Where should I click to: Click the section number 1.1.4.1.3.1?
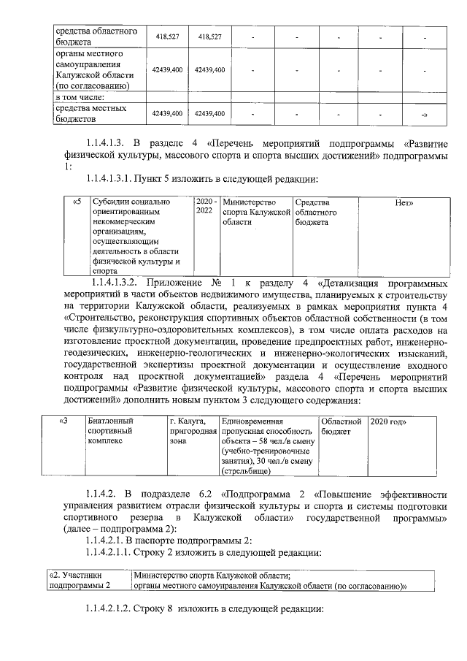(x=117, y=178)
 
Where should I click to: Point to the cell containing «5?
(x=77, y=202)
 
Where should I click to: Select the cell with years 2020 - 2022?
(x=206, y=207)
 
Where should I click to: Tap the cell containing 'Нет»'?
(x=404, y=202)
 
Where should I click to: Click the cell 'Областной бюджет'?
(x=341, y=427)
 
